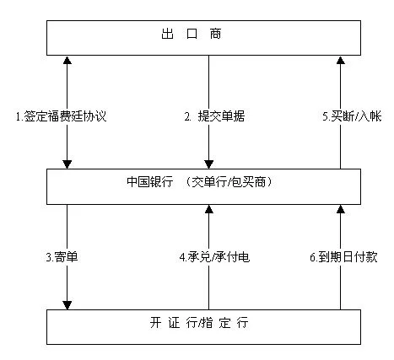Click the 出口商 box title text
(x=192, y=34)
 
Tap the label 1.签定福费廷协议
(x=61, y=116)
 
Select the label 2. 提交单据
(x=214, y=116)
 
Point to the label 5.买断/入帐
(x=352, y=116)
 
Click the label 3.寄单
(x=62, y=257)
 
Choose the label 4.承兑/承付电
(x=214, y=257)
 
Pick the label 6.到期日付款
(x=343, y=257)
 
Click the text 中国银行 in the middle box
(x=150, y=182)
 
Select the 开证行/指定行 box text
(x=199, y=322)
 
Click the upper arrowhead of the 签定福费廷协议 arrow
(x=67, y=60)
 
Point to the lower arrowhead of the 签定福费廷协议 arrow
(x=67, y=164)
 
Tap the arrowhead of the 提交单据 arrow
(x=208, y=164)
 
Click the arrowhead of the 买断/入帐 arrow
(x=341, y=60)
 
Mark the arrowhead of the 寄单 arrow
(x=67, y=305)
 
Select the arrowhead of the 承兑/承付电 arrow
(x=208, y=209)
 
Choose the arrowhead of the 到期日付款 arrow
(x=341, y=209)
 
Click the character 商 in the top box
(x=215, y=34)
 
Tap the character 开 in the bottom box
(x=155, y=322)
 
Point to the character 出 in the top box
(x=167, y=34)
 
